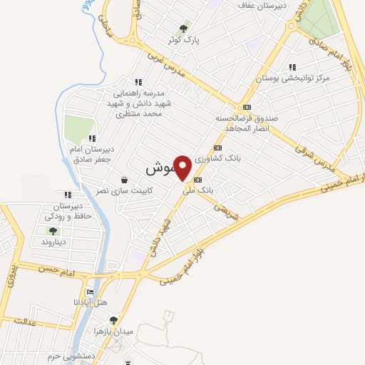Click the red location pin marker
click(183, 168)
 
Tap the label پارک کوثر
click(184, 41)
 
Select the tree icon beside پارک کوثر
click(184, 29)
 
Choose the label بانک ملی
click(197, 190)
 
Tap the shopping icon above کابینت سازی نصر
click(125, 180)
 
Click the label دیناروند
click(53, 242)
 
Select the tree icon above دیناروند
click(53, 231)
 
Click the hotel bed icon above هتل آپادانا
click(89, 292)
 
